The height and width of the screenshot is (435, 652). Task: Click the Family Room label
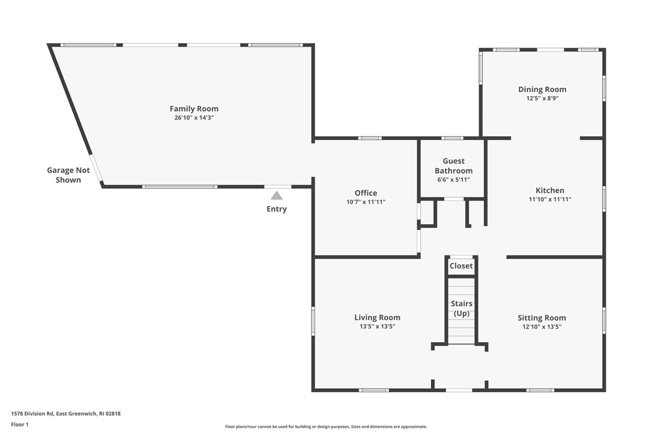point(194,109)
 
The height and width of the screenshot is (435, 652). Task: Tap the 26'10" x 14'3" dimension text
point(194,118)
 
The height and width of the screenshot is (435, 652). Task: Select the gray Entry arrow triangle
point(277,195)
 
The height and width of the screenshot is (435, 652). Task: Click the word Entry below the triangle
point(277,209)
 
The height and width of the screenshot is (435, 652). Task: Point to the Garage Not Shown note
point(68,175)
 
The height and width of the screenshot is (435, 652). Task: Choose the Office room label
point(366,193)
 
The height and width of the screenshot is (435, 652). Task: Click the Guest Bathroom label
point(454,166)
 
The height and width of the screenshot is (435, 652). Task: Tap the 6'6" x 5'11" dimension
point(454,180)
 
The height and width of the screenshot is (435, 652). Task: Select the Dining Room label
point(542,89)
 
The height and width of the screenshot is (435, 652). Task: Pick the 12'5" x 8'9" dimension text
point(542,99)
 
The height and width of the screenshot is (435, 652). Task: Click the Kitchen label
point(550,190)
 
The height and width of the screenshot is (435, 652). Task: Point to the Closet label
point(461,266)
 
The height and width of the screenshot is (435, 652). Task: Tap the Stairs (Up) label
point(462,308)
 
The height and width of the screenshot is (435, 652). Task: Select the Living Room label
point(377,317)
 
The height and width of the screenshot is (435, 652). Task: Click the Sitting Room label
point(542,318)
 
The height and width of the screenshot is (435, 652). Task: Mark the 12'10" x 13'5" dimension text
point(542,327)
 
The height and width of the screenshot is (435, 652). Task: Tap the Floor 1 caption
point(20,425)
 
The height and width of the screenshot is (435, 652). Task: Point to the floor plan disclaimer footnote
point(326,427)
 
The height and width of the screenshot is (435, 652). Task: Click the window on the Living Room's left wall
point(313,321)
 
